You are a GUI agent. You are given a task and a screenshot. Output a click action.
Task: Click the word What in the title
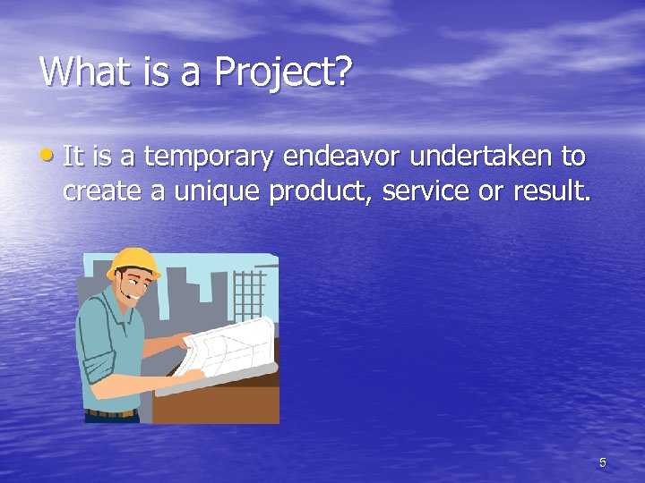click(83, 72)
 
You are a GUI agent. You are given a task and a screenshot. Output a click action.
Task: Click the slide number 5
click(603, 462)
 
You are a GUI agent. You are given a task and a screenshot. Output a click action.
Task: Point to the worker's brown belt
click(111, 413)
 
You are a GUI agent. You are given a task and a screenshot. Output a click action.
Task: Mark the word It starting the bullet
click(73, 157)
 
